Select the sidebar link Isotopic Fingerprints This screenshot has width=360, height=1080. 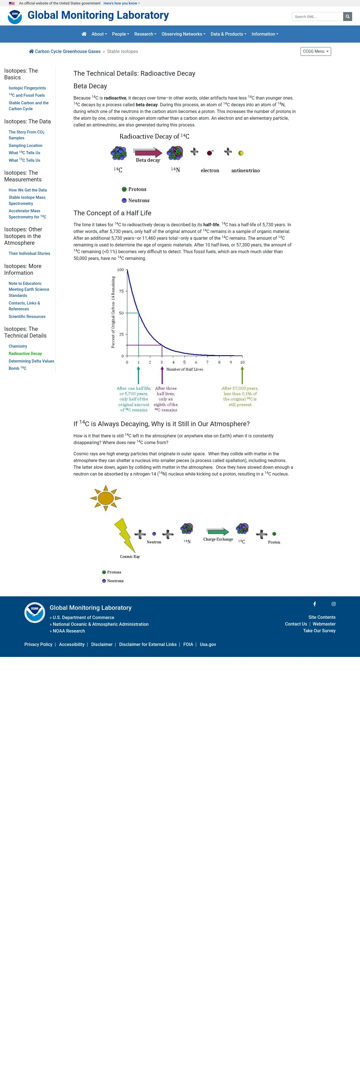(27, 88)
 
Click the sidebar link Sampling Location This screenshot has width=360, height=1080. (26, 146)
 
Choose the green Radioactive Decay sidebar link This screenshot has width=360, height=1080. (25, 354)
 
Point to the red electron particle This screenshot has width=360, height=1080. (209, 153)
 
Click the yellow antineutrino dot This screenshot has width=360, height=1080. (241, 153)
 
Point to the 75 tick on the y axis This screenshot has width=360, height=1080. (121, 291)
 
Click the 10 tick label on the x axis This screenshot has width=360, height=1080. (242, 362)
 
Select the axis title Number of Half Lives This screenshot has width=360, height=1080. (184, 369)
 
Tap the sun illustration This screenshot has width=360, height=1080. (106, 498)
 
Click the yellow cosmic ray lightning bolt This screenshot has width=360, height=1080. (124, 535)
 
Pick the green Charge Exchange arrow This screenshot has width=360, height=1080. (218, 532)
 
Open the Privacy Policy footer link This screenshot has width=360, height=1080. (38, 644)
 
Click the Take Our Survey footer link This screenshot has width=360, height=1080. (319, 631)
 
